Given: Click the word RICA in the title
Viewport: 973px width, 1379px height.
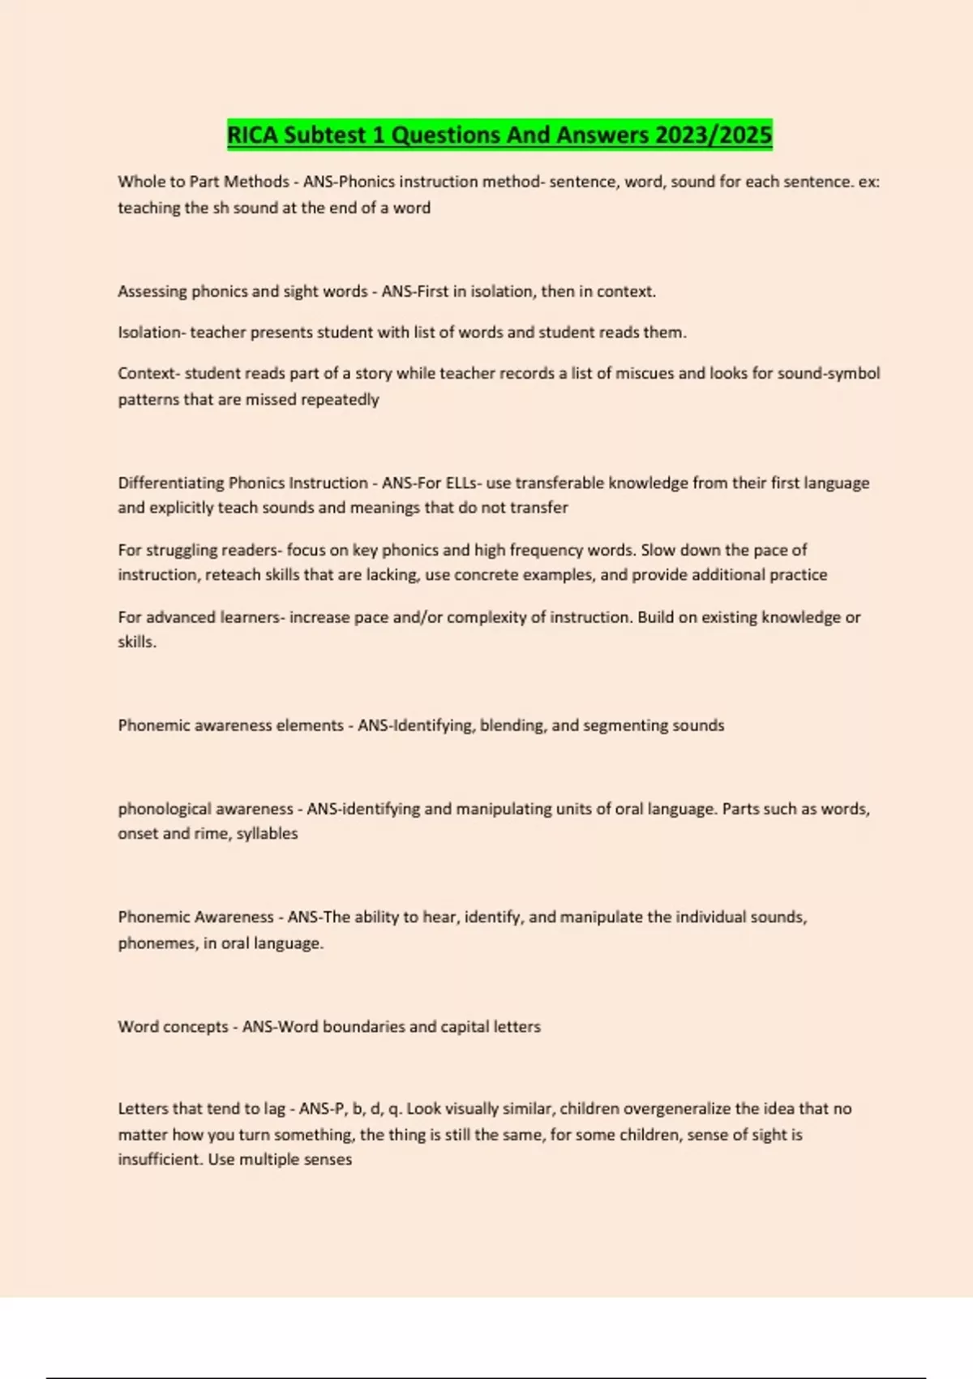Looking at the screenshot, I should [x=254, y=135].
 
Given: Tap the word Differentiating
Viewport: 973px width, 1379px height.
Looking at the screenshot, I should [x=171, y=483].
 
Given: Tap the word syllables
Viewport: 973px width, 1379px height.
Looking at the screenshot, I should [x=267, y=833].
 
